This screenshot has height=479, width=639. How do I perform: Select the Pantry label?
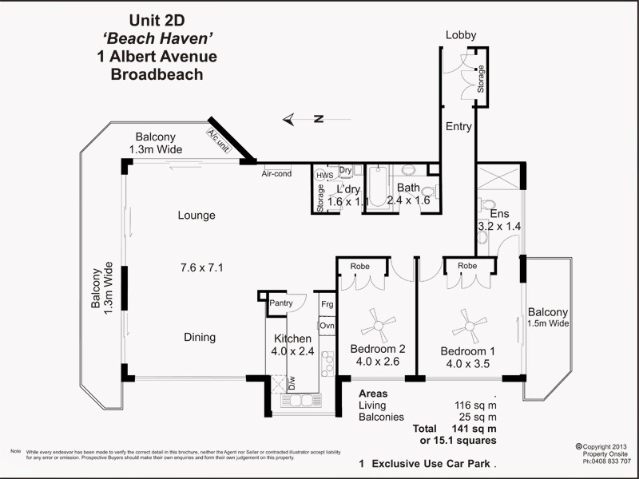click(x=280, y=303)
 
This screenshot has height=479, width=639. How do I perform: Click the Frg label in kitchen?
click(x=327, y=304)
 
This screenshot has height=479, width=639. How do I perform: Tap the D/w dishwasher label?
click(x=292, y=384)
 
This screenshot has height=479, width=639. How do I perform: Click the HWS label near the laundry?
click(x=325, y=175)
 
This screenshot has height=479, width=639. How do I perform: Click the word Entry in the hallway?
click(x=458, y=126)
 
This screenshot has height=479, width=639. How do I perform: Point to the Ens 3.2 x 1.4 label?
click(x=498, y=220)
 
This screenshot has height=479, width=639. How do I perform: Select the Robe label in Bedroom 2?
click(x=359, y=265)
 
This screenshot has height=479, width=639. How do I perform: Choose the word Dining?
click(x=200, y=337)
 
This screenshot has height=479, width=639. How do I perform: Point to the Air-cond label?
click(x=277, y=173)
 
